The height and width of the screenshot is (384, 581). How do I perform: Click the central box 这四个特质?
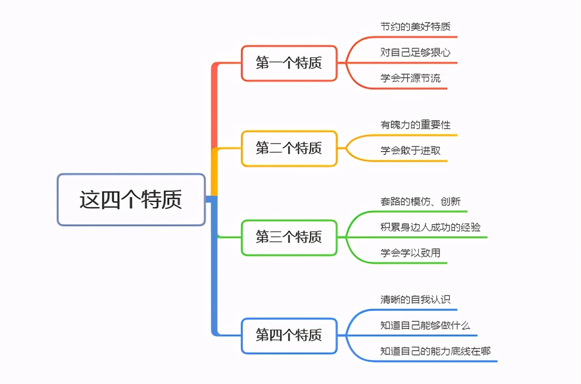(x=131, y=200)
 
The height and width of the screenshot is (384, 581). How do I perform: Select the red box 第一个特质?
(x=289, y=63)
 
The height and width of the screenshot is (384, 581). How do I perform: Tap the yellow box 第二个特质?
(x=289, y=148)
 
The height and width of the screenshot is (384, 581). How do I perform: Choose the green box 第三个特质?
(x=289, y=237)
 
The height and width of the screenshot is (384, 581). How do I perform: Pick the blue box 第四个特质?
(x=289, y=335)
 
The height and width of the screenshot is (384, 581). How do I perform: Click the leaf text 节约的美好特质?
(x=415, y=26)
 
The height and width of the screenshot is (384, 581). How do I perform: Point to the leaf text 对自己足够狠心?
(x=415, y=52)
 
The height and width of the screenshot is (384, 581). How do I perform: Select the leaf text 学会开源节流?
(x=410, y=78)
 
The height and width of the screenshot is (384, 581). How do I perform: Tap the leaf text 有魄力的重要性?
(x=415, y=124)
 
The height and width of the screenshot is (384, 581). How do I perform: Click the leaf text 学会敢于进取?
(x=410, y=150)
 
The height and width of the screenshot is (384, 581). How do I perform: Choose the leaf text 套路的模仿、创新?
(x=420, y=201)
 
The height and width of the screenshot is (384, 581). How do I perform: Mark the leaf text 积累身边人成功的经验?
(x=430, y=227)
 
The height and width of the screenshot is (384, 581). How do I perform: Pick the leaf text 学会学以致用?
(x=410, y=253)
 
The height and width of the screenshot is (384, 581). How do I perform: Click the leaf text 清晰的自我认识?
(x=415, y=300)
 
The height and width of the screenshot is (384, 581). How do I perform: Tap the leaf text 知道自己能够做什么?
(x=425, y=325)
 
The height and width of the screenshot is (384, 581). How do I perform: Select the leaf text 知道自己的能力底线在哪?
(x=435, y=351)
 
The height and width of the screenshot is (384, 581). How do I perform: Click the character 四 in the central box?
(x=110, y=200)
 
